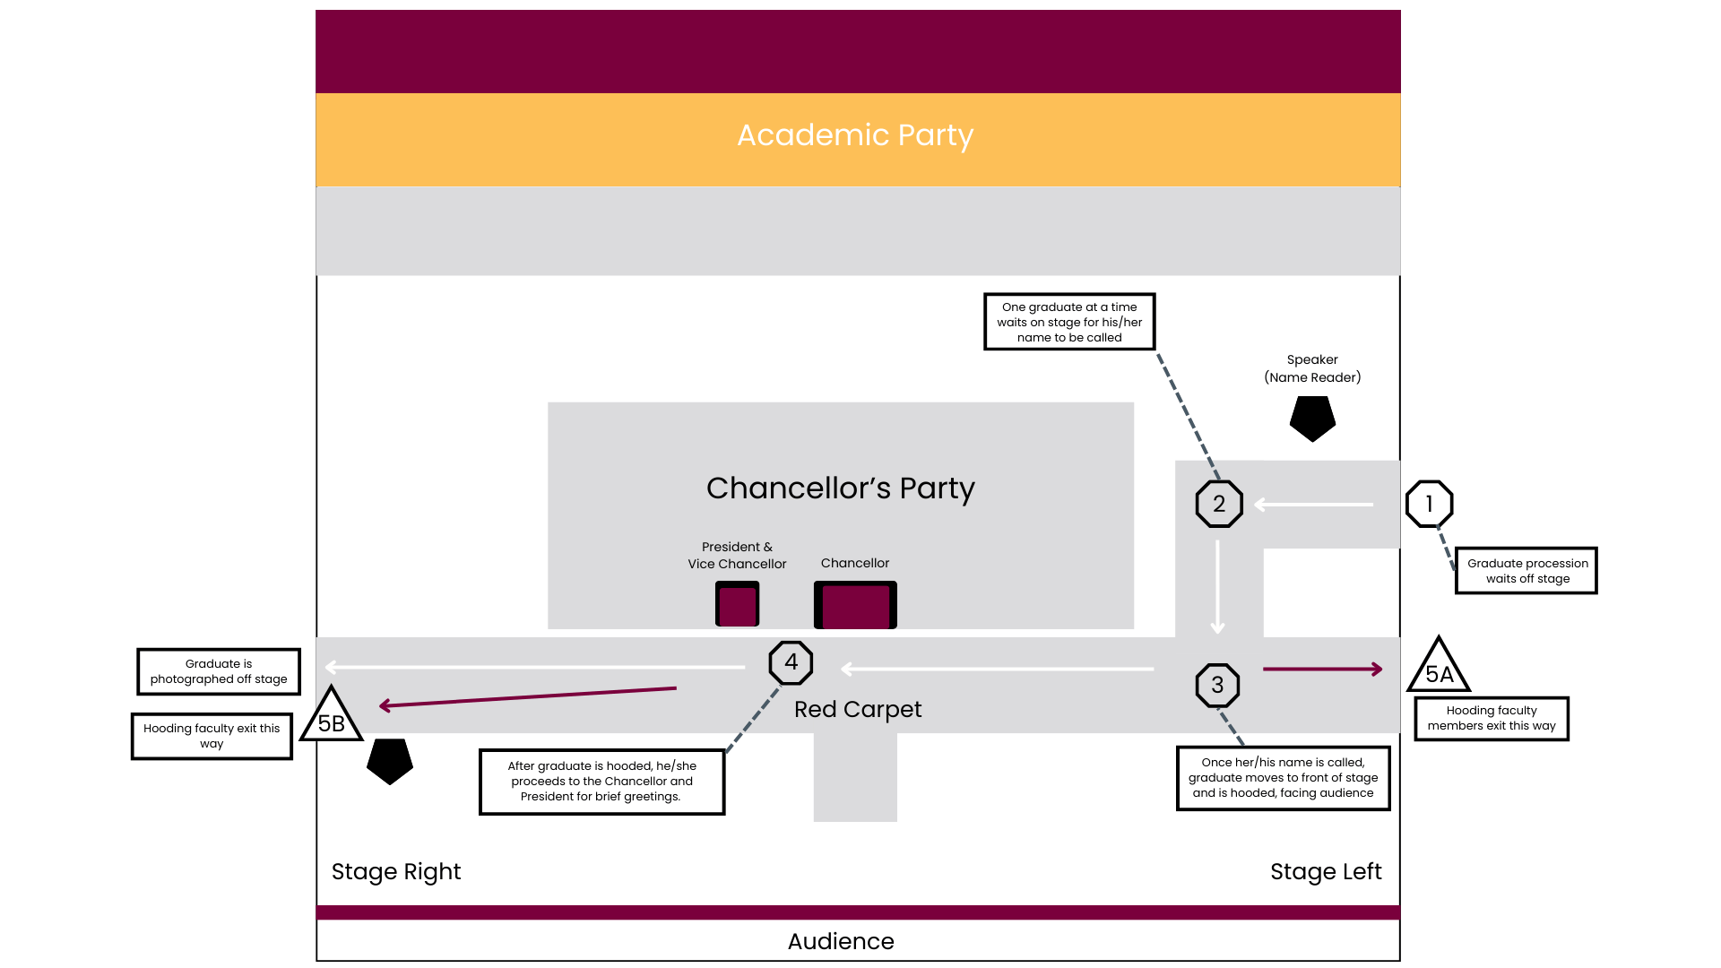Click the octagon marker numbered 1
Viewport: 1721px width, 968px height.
(1429, 504)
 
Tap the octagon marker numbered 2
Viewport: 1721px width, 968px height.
(1219, 504)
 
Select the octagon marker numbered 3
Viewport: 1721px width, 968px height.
(1217, 686)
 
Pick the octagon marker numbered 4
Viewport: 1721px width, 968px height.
(791, 662)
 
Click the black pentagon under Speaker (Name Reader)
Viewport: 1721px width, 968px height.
(1312, 418)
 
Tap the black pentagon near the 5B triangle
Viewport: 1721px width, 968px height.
(390, 760)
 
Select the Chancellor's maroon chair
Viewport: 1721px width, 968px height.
(855, 606)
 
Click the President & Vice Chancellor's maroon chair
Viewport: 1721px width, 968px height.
(737, 604)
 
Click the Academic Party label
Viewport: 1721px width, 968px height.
(855, 135)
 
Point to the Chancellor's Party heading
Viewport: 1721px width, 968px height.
(840, 488)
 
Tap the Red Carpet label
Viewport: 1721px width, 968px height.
(858, 710)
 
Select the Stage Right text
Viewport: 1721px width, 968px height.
(396, 872)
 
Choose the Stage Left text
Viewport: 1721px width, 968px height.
(1326, 872)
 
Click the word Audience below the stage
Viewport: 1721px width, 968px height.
(841, 941)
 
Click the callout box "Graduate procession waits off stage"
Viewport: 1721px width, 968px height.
(1526, 571)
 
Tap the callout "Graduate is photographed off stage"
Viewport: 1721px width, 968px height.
(219, 671)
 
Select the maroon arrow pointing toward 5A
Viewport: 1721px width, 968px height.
(1323, 669)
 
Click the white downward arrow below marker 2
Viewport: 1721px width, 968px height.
(1217, 587)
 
